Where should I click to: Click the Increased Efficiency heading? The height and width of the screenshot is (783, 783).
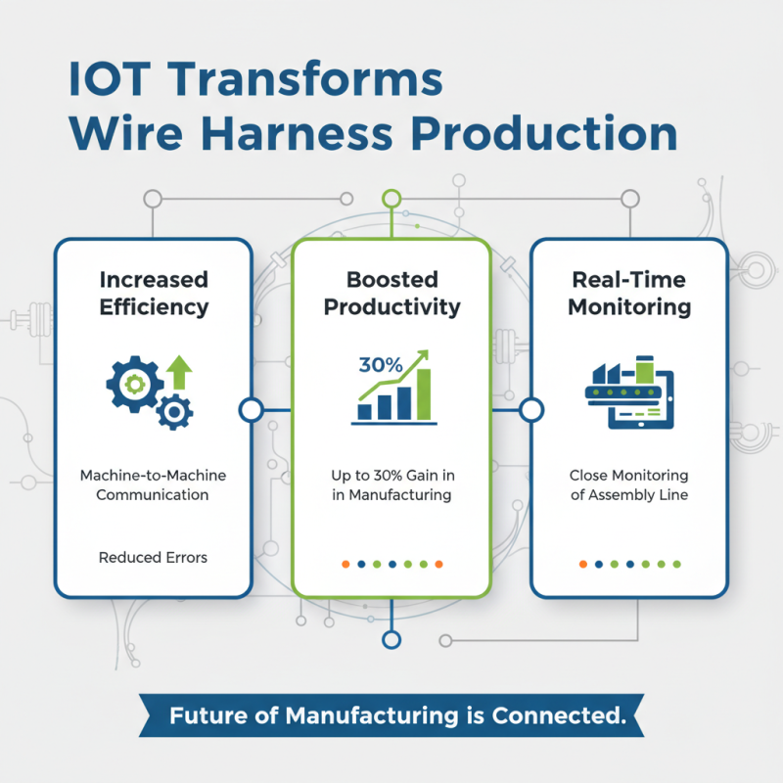click(154, 293)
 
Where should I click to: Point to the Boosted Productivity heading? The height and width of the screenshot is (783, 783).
click(391, 293)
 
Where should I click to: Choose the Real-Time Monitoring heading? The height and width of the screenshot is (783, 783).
click(629, 293)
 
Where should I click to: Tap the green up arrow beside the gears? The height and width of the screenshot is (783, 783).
click(179, 373)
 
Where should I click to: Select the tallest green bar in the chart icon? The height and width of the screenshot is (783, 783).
click(424, 393)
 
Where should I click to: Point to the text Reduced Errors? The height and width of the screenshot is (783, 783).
click(154, 558)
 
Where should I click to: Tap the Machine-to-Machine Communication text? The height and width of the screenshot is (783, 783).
click(154, 484)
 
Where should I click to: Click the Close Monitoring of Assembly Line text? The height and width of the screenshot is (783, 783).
click(629, 484)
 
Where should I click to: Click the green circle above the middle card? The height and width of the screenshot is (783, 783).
click(391, 199)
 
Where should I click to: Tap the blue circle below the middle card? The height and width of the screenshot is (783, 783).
click(391, 640)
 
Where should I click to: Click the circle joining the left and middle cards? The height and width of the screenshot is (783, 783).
click(251, 409)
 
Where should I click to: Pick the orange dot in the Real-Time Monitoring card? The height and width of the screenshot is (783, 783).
click(582, 564)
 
